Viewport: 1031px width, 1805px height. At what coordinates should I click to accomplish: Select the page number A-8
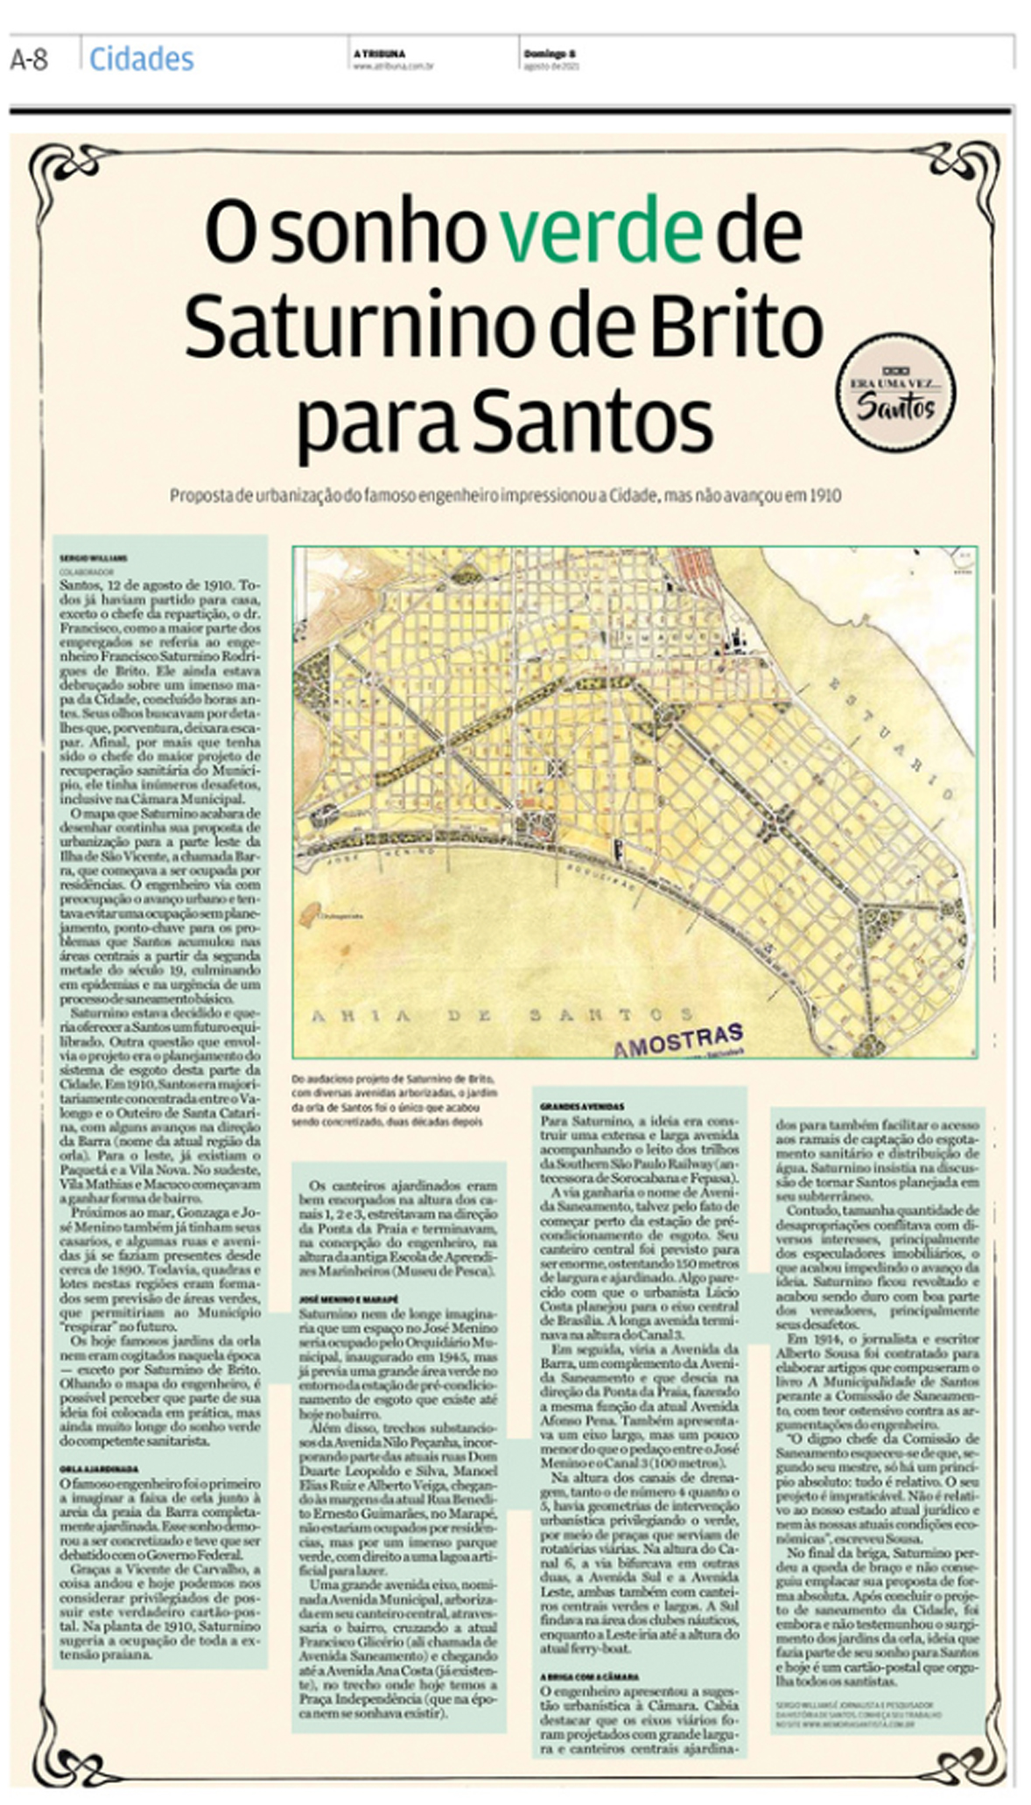coord(29,59)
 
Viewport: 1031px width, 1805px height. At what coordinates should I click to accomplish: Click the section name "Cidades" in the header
coord(141,59)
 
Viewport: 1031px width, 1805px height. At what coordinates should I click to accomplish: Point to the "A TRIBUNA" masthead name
coord(379,53)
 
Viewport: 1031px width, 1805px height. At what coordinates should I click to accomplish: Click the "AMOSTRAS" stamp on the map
coord(678,1039)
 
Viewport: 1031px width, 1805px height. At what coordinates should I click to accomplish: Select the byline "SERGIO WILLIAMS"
coord(94,556)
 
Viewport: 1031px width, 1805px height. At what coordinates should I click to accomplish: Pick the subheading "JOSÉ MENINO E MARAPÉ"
coord(348,1299)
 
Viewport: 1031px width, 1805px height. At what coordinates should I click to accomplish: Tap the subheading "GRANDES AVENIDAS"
coord(582,1107)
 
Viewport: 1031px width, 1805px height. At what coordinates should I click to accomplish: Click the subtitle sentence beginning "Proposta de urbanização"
coord(505,496)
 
